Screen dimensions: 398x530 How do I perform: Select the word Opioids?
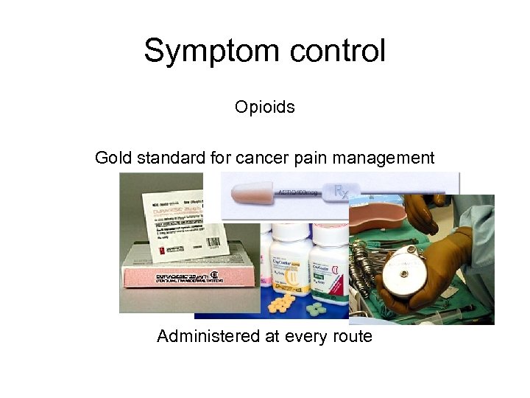pos(265,107)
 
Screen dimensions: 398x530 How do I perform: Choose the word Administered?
pos(207,337)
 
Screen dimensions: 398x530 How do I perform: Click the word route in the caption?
pos(351,337)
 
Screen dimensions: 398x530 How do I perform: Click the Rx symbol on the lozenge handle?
pos(341,192)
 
